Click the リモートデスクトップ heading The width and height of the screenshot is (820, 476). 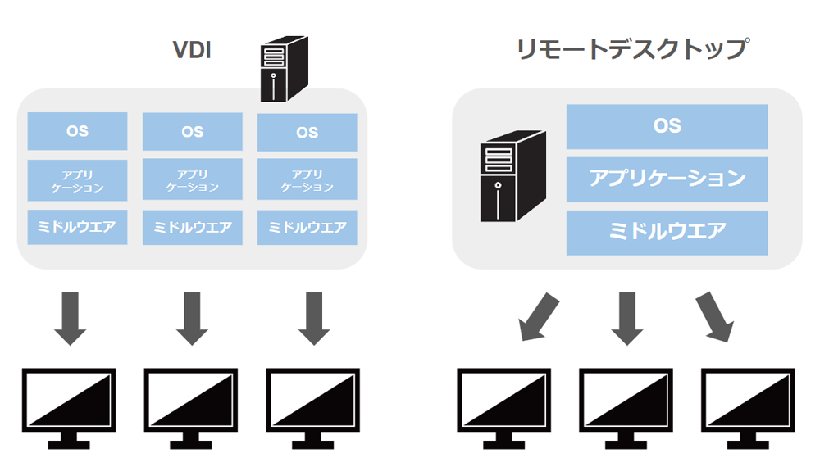[631, 49]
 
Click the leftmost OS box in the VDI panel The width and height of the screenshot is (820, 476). [78, 131]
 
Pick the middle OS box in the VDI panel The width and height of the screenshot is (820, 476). [193, 131]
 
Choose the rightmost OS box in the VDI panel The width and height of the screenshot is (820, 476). [307, 131]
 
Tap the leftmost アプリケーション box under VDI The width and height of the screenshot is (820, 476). [78, 180]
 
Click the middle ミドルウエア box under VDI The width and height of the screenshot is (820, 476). [193, 227]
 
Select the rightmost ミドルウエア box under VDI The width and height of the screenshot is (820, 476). [307, 227]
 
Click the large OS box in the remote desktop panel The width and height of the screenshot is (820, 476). [667, 126]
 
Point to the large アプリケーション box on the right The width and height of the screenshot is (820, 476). [667, 179]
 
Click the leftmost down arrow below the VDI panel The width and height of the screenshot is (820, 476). [70, 317]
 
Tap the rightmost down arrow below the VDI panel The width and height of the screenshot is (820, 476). [314, 317]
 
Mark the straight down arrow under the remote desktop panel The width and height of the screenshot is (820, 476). [626, 317]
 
